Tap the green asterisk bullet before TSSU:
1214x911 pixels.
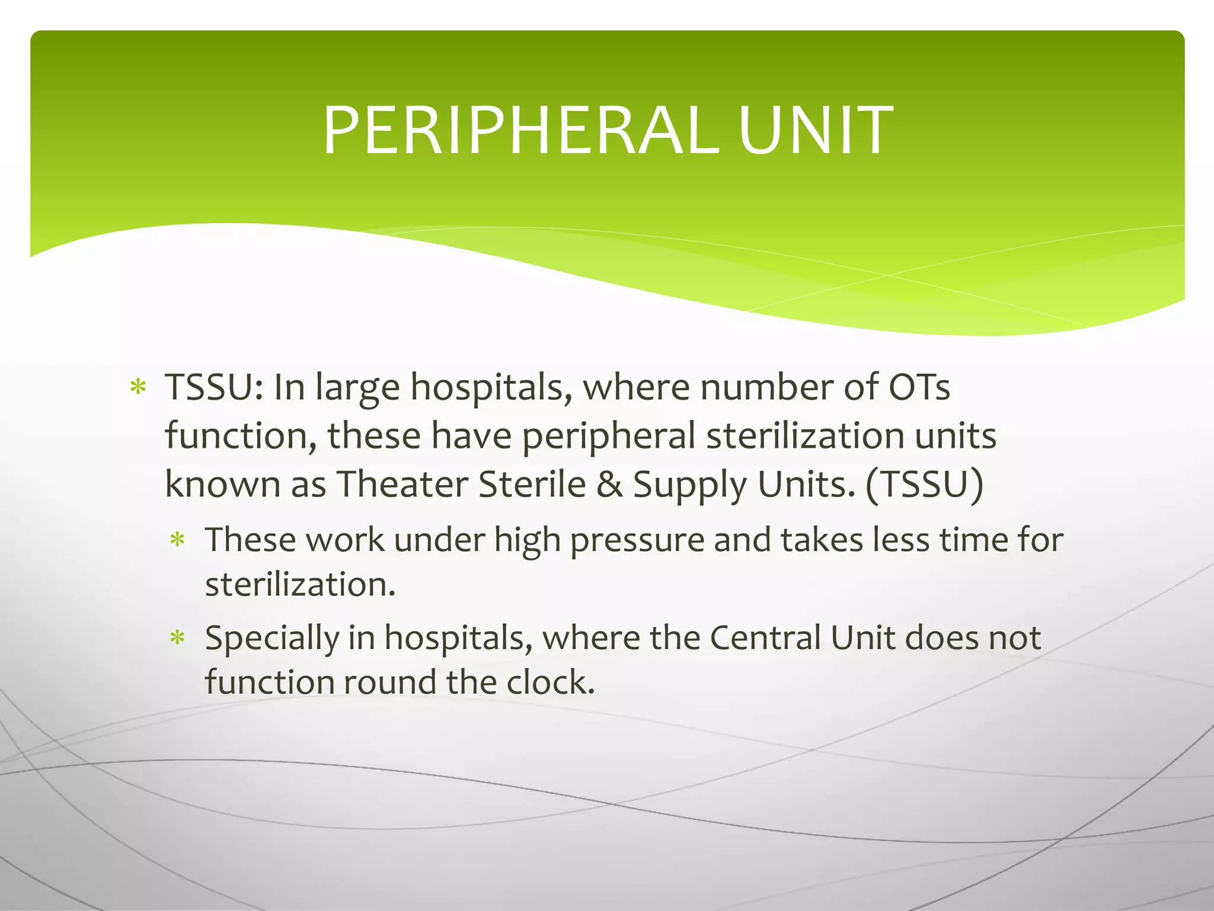pos(138,388)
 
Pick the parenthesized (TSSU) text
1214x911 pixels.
pos(925,484)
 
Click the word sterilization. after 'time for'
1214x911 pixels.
pos(300,585)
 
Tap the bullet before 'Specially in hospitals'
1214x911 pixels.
pos(178,639)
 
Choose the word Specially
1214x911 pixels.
pos(271,639)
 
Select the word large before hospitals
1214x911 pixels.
pos(357,388)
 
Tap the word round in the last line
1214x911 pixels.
pos(389,683)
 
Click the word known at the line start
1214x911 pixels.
pos(222,484)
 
